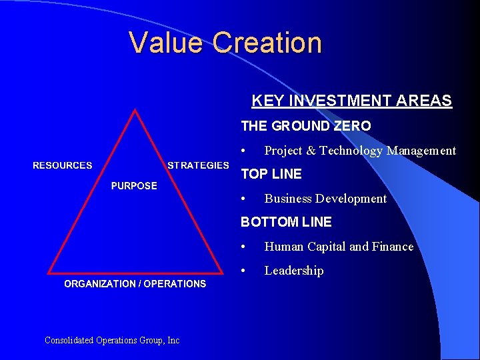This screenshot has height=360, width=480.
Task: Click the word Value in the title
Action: point(167,43)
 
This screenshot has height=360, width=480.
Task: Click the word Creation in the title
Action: point(267,43)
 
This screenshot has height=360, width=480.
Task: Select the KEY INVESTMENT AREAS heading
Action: point(351,101)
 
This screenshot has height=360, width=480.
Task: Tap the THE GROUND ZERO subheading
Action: point(305,126)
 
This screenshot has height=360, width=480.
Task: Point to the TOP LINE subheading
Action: point(271,174)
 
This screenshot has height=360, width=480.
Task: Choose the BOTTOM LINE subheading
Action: point(285,222)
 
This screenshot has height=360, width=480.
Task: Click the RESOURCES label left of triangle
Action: point(63,165)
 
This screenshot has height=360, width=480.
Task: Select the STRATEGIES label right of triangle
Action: point(198,165)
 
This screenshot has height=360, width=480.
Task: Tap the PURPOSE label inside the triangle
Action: point(134,186)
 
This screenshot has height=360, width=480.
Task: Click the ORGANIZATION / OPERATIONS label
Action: point(135,284)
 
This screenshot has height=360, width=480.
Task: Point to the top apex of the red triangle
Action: point(136,111)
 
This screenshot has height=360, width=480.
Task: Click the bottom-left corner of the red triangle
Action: point(49,272)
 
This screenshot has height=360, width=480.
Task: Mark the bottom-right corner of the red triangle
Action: point(223,272)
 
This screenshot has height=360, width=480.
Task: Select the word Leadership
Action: point(294,271)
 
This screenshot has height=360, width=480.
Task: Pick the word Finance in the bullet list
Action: point(392,247)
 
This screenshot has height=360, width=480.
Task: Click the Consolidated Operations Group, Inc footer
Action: point(112,340)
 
